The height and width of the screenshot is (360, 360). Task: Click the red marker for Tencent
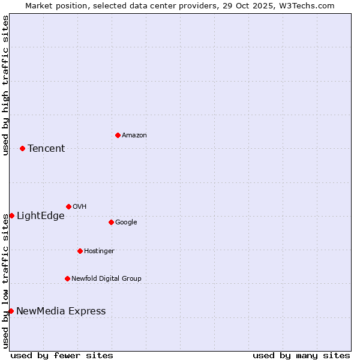coord(22,148)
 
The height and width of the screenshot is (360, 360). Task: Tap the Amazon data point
coord(118,135)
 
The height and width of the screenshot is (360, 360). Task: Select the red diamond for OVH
coord(68,206)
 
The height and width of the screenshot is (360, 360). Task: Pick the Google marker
coord(111,222)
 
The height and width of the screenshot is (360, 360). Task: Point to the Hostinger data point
coord(80,251)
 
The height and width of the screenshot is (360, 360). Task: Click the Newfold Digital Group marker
coord(67,278)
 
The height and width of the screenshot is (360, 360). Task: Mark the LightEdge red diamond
coord(11,215)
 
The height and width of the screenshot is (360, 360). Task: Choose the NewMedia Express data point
coord(11,311)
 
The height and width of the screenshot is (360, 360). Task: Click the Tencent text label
coord(46,149)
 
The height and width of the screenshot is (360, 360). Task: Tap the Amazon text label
coord(134,136)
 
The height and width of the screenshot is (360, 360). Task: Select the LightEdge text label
coord(40,216)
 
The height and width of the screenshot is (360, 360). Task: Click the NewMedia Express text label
coord(61,311)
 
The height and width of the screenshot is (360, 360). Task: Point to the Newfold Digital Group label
coord(107,278)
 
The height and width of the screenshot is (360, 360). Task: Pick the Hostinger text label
coord(99,251)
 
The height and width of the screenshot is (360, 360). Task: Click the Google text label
coord(126,223)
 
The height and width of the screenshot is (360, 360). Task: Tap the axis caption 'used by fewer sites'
coord(62,356)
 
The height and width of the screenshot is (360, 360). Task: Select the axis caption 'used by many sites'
coord(301,356)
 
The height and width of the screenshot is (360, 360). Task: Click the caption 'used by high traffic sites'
coord(5,85)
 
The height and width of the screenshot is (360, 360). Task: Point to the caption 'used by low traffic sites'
coord(5,281)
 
